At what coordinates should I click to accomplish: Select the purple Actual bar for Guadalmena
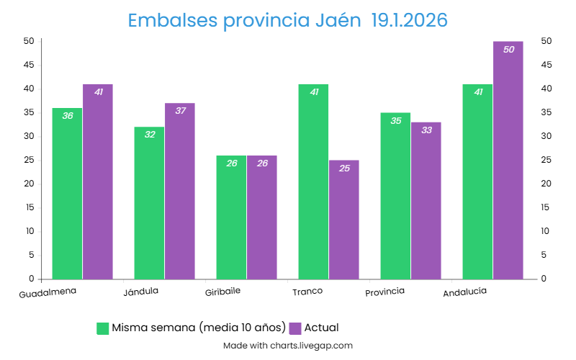point(98,184)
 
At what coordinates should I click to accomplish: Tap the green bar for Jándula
point(149,205)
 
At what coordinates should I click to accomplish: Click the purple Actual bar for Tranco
point(344,221)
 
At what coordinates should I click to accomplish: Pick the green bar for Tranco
point(313,184)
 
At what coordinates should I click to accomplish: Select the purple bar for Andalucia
point(508,162)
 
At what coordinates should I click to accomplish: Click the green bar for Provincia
point(395,197)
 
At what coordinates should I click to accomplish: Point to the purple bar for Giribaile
point(262,219)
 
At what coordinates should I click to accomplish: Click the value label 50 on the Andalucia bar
point(508,50)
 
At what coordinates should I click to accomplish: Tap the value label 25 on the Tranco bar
point(344,168)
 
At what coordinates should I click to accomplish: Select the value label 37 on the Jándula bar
point(180,111)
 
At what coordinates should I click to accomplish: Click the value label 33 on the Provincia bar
point(426,130)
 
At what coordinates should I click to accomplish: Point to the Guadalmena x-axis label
point(48,294)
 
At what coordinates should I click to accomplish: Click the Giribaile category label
point(222,292)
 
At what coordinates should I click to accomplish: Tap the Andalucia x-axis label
point(464,292)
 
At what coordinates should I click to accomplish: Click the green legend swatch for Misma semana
point(103,328)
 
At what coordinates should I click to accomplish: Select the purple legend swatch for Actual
point(295,328)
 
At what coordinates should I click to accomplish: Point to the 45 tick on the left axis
point(29,65)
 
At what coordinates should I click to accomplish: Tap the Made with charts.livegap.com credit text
point(288,346)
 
